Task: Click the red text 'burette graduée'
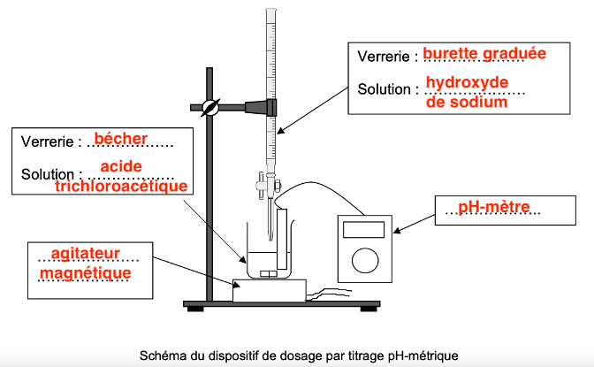pyautogui.click(x=484, y=54)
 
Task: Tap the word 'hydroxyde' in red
pyautogui.click(x=467, y=83)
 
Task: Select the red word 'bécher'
pyautogui.click(x=120, y=139)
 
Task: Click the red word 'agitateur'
pyautogui.click(x=85, y=254)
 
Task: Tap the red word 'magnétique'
pyautogui.click(x=86, y=274)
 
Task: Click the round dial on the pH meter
pyautogui.click(x=365, y=261)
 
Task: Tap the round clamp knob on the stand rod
pyautogui.click(x=210, y=108)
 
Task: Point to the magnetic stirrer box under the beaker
pyautogui.click(x=269, y=289)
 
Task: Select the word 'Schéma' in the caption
pyautogui.click(x=162, y=356)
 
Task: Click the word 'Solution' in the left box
pyautogui.click(x=49, y=174)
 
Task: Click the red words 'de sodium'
pyautogui.click(x=467, y=103)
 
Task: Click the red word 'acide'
pyautogui.click(x=120, y=166)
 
